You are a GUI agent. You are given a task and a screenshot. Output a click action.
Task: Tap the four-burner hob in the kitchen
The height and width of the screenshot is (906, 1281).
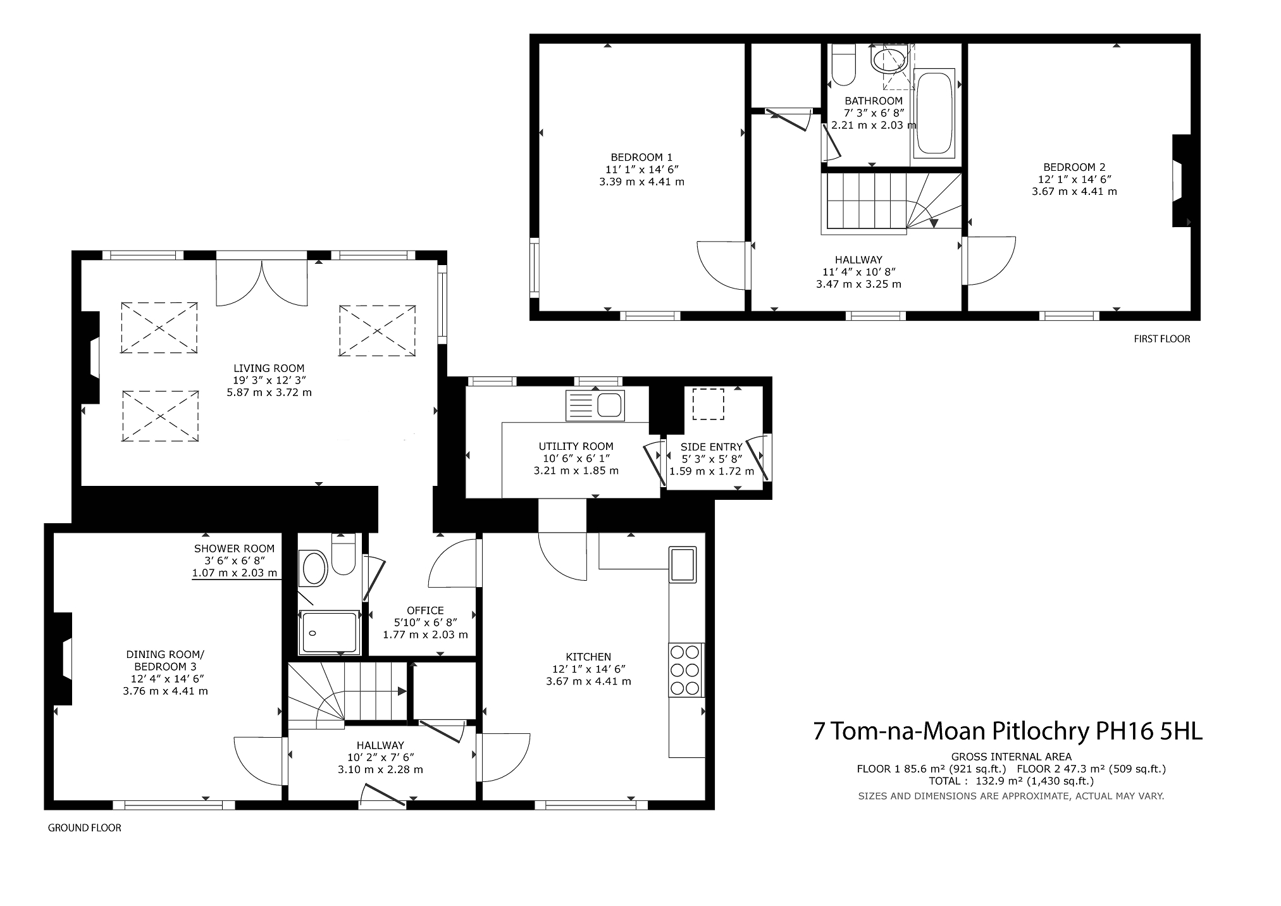coord(686,670)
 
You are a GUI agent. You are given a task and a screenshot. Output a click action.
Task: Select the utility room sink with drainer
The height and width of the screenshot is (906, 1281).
coord(595,406)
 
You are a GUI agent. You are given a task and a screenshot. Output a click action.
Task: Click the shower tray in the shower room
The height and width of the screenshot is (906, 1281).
coord(329,633)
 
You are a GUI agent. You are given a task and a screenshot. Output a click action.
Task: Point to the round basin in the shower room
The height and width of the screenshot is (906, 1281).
coord(314,569)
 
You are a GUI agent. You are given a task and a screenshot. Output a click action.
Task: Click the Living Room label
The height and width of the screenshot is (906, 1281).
coord(269,368)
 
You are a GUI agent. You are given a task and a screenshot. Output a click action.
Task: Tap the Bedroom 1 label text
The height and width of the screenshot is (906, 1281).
coord(641,157)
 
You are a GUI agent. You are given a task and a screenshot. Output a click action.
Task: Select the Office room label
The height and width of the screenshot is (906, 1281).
coord(425,611)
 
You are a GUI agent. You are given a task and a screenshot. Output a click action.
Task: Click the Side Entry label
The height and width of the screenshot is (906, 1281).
coord(712,447)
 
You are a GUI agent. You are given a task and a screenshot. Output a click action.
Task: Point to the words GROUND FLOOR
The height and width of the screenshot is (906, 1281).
coord(85,828)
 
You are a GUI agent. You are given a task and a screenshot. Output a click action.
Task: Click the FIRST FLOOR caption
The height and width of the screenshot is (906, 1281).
coord(1162,339)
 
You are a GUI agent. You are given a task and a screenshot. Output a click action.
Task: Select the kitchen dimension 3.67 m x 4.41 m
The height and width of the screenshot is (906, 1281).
coord(589,681)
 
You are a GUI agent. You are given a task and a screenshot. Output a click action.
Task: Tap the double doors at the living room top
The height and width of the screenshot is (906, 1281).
coord(262,282)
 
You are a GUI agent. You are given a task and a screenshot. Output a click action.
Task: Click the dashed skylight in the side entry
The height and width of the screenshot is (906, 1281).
coord(709,404)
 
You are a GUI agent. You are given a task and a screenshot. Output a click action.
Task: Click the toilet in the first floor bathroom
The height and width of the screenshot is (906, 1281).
coord(843,65)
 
